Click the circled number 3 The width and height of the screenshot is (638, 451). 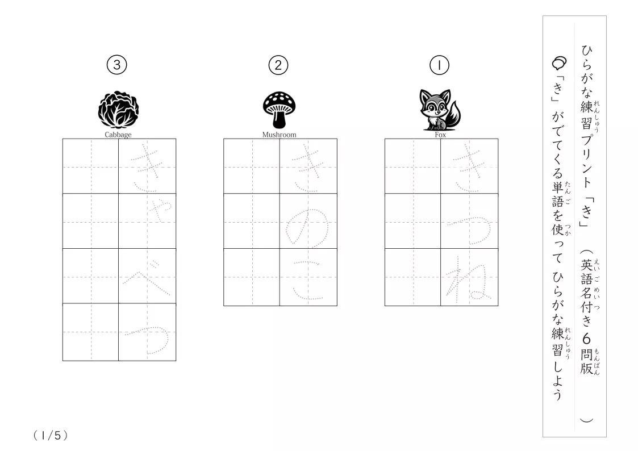pyautogui.click(x=117, y=65)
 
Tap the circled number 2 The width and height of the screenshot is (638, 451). pyautogui.click(x=278, y=65)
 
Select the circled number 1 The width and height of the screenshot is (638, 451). pyautogui.click(x=439, y=65)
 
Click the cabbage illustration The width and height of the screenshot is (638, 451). pyautogui.click(x=118, y=110)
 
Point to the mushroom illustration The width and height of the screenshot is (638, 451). pyautogui.click(x=279, y=110)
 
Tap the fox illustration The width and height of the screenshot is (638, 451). pyautogui.click(x=440, y=110)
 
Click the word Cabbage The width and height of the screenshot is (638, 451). pyautogui.click(x=118, y=135)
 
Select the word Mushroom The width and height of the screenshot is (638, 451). pyautogui.click(x=279, y=135)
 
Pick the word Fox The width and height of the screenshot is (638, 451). pyautogui.click(x=440, y=135)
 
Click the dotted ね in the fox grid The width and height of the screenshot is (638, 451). pyautogui.click(x=469, y=280)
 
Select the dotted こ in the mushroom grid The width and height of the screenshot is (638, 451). pyautogui.click(x=307, y=281)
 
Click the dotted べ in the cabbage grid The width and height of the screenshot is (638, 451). pyautogui.click(x=147, y=278)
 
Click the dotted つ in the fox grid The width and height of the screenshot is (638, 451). pyautogui.click(x=470, y=230)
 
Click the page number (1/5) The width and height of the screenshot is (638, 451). pyautogui.click(x=51, y=436)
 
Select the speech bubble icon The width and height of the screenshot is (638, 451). pyautogui.click(x=559, y=63)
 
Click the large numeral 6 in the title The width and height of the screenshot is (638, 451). pyautogui.click(x=586, y=339)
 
